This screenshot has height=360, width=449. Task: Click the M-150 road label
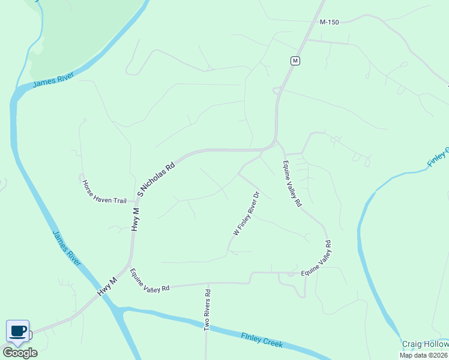[330, 22]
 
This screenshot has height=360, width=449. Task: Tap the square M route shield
[295, 61]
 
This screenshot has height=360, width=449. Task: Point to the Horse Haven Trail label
[104, 191]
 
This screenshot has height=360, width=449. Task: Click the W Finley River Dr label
[246, 213]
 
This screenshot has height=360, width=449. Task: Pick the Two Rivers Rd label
[208, 310]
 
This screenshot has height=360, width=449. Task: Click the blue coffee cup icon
[17, 331]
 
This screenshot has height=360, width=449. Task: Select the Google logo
[20, 352]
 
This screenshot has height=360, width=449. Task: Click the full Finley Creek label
[261, 340]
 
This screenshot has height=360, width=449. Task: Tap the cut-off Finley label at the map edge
[438, 157]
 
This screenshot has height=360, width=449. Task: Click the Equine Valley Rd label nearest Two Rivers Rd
[149, 280]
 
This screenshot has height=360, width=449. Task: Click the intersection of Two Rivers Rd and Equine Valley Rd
[208, 283]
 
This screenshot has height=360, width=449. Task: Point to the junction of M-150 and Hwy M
[308, 40]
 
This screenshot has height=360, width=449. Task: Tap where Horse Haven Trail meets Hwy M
[134, 201]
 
